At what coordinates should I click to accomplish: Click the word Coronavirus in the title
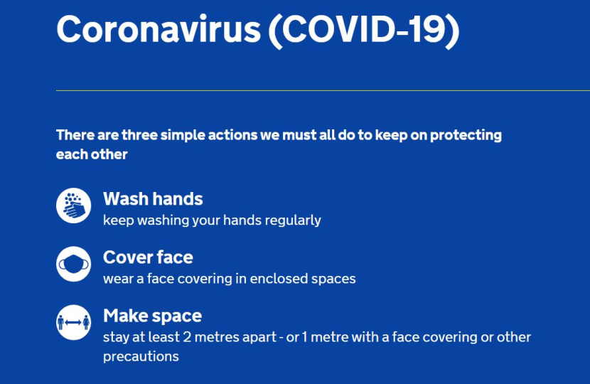(159, 29)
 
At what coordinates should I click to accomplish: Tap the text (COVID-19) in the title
(364, 31)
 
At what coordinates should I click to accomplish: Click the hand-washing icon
(74, 206)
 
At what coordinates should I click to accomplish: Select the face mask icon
(74, 264)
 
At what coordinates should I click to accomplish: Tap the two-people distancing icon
(74, 322)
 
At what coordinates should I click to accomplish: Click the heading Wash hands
(153, 199)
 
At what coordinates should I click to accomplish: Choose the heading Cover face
(148, 257)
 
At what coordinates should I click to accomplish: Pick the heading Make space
(152, 316)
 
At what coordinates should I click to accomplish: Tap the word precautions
(141, 356)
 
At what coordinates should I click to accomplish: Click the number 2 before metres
(187, 337)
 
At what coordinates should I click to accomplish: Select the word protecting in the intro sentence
(466, 136)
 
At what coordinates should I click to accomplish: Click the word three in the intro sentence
(139, 135)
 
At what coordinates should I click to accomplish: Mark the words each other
(92, 154)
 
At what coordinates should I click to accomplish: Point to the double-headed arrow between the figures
(73, 323)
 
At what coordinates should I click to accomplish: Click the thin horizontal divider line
(323, 91)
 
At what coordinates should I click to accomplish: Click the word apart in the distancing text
(259, 338)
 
